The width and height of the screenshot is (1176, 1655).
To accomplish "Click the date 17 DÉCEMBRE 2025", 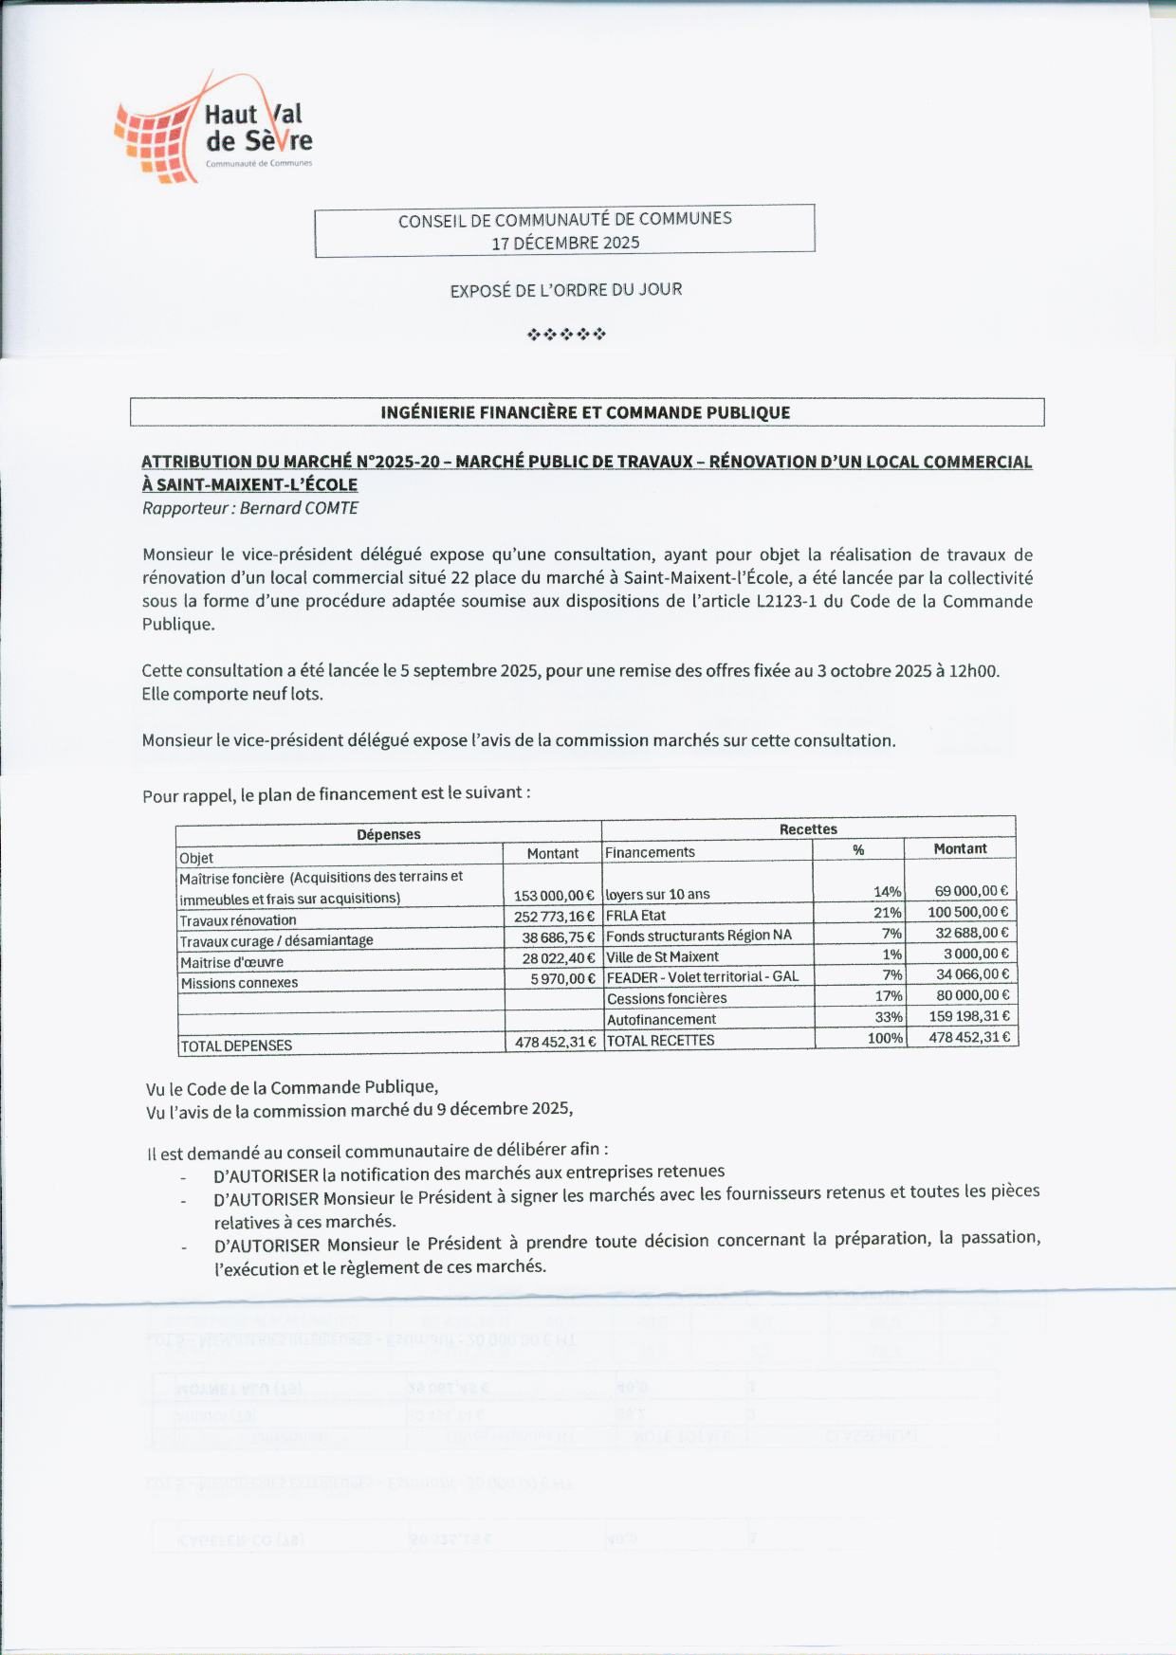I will coord(565,243).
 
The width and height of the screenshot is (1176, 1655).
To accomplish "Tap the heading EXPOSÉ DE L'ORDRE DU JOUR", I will coord(565,289).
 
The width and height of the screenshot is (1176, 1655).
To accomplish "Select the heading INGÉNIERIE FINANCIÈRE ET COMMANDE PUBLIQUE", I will coord(585,412).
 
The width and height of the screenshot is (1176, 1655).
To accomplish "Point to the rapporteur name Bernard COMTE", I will coord(299,508).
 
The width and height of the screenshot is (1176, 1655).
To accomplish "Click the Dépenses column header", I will coord(389,834).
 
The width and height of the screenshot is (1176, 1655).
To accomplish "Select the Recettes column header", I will coord(808,829).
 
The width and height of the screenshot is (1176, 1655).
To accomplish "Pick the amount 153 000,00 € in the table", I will coord(554,896).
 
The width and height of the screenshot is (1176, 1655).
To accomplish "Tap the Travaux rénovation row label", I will coord(238,920).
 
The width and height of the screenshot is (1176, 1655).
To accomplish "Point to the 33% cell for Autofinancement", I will coord(889,1017).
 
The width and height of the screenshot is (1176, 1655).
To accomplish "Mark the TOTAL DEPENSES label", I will coord(236,1046).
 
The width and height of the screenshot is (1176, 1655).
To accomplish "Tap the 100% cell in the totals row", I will coord(885,1038).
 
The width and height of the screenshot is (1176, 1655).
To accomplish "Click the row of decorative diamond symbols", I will coord(566,334).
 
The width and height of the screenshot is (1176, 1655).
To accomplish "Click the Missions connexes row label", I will coord(239,983).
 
